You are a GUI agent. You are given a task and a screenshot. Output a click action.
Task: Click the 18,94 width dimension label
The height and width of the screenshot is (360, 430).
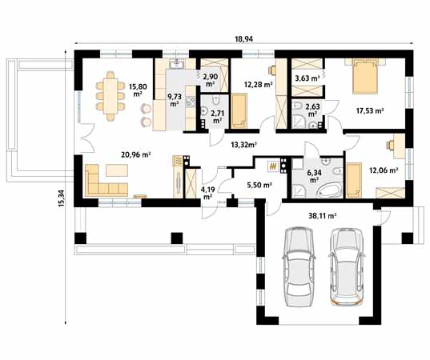click(243, 39)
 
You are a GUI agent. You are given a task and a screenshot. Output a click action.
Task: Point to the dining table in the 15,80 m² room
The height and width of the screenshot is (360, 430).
click(111, 96)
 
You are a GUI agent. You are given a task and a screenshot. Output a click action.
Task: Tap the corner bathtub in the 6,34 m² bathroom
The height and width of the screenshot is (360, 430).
click(330, 190)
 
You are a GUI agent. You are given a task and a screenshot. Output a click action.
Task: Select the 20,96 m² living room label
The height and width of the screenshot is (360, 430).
click(136, 155)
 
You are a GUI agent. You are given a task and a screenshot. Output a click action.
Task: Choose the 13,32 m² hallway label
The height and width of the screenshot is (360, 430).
click(243, 145)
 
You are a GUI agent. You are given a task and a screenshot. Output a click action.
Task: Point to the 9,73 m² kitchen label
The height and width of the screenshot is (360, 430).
click(175, 100)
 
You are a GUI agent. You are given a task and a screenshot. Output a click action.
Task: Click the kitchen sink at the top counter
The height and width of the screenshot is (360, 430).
click(177, 64)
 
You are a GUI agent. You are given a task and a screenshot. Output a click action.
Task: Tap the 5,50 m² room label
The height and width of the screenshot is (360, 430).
click(259, 186)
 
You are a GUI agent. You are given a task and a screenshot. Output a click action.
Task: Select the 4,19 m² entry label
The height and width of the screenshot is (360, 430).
click(207, 193)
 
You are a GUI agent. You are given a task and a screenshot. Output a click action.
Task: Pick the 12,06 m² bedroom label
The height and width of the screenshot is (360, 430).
click(384, 170)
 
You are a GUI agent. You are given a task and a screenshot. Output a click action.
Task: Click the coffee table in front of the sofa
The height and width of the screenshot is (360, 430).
click(117, 170)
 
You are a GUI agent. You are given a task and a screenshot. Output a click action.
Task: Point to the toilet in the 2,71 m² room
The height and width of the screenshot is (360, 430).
click(216, 100)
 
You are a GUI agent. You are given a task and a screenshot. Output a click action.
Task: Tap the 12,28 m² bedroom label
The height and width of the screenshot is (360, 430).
click(258, 84)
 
